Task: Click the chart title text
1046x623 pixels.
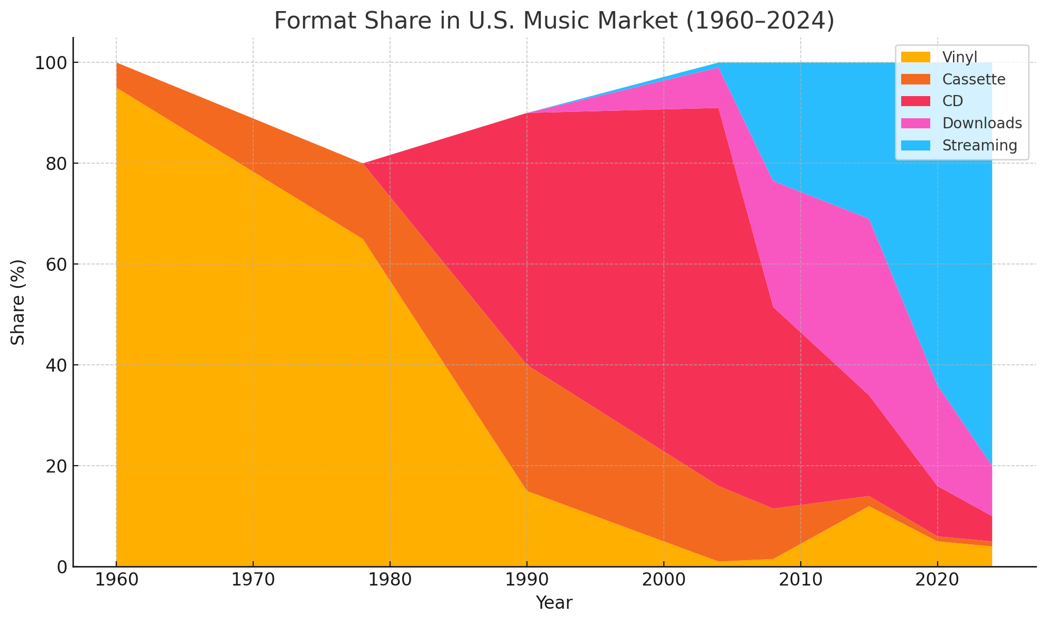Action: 554,21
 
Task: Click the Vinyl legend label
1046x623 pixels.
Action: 959,57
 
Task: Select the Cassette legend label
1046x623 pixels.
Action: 974,79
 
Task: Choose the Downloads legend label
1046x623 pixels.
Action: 982,123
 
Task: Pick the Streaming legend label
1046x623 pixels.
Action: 979,145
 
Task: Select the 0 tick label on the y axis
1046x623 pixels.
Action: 61,567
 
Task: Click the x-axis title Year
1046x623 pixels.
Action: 554,603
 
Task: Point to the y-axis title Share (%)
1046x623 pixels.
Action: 18,302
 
